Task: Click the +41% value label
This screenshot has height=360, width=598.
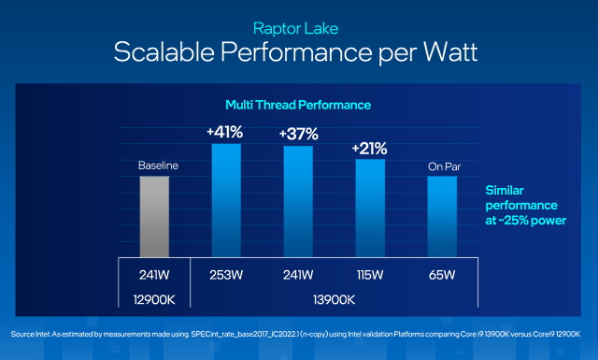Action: (x=226, y=132)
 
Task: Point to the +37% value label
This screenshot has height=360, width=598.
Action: (x=298, y=135)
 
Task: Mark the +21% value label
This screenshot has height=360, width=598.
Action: (x=370, y=148)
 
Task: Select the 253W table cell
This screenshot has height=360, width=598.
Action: (x=226, y=275)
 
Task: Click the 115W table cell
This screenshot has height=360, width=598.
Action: (x=370, y=275)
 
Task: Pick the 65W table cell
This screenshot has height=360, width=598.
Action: (x=442, y=275)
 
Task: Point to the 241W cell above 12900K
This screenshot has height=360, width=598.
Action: (x=154, y=275)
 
